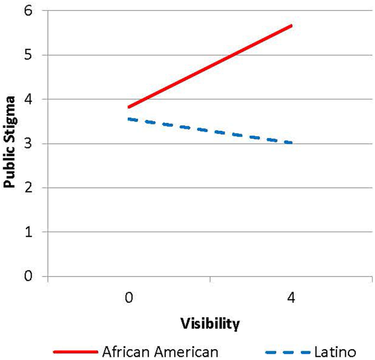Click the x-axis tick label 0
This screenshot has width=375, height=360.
(129, 298)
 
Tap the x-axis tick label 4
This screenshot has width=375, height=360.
(292, 298)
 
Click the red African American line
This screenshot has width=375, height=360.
(210, 66)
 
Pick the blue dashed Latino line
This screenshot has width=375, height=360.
(210, 131)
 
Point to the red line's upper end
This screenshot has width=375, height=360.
(292, 26)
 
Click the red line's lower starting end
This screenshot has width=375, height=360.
(129, 107)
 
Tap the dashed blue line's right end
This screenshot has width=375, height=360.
(292, 143)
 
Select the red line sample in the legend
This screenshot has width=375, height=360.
(76, 351)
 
